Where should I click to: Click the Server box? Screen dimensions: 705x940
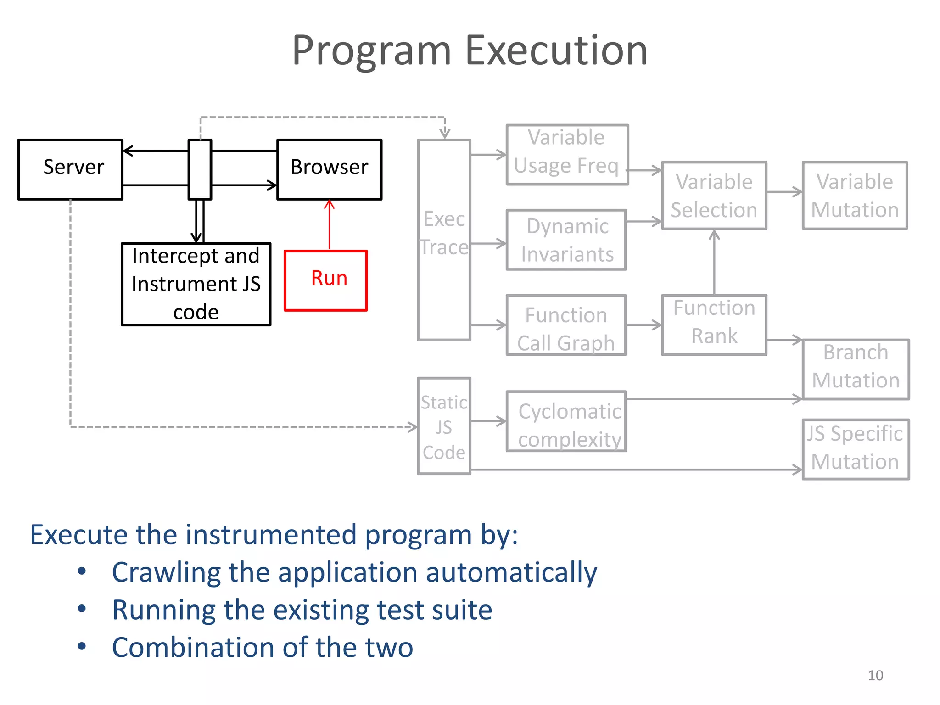tap(70, 169)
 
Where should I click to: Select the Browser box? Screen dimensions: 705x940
tap(329, 169)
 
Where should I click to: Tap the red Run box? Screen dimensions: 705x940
tap(326, 280)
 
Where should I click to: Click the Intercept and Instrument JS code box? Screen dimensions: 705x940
tap(196, 284)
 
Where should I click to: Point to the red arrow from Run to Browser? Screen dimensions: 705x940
tap(329, 225)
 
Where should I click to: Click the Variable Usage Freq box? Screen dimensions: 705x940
tap(567, 154)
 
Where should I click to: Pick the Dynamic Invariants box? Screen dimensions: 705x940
tap(566, 240)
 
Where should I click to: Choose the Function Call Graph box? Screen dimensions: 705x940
tap(566, 325)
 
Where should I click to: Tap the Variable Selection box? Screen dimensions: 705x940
tap(714, 196)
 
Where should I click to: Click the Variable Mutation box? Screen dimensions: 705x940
tap(855, 196)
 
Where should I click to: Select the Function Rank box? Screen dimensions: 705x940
tap(714, 325)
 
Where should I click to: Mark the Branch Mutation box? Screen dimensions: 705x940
tap(856, 369)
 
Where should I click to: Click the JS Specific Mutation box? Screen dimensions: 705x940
tap(856, 449)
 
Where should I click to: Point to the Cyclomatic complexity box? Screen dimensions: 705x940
tap(566, 421)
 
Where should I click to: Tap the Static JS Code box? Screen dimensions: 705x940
tap(444, 426)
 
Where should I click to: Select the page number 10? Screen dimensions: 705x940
tap(875, 675)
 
